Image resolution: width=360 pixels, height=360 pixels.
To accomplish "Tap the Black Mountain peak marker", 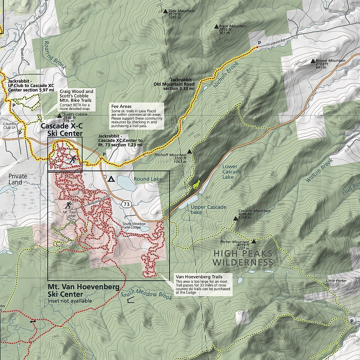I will (x=216, y=26).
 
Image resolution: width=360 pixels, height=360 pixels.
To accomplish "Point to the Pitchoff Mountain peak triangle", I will (x=189, y=151).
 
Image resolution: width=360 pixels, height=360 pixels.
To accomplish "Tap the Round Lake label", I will (x=148, y=179).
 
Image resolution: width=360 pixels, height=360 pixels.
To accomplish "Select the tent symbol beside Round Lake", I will (x=111, y=179).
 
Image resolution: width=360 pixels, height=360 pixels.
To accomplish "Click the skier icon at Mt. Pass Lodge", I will (x=69, y=205).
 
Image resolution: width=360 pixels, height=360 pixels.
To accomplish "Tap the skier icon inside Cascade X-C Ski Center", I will (x=72, y=159).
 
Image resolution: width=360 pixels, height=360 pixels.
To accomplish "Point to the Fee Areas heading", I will (x=121, y=106).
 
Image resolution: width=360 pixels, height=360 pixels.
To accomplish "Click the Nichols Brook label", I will (x=226, y=75).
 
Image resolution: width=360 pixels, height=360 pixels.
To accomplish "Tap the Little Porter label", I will (x=336, y=281).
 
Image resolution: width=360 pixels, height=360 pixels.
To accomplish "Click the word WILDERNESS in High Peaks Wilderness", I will (x=243, y=263).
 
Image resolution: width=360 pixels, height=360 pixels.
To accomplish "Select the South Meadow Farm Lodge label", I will (x=134, y=226).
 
